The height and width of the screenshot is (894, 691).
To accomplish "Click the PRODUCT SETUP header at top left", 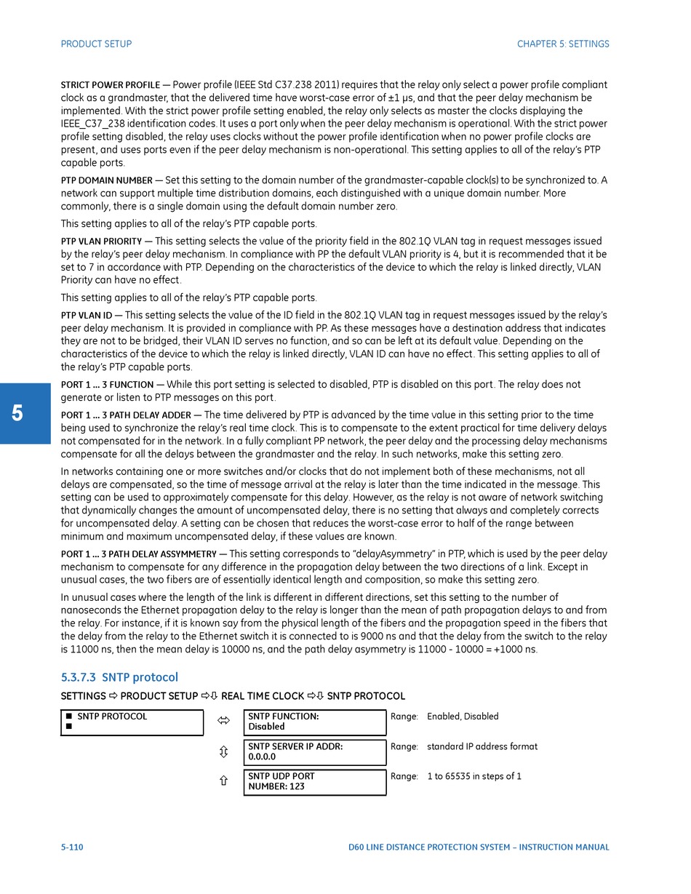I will pos(96,44).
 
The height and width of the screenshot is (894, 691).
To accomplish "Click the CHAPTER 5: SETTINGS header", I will pos(563,44).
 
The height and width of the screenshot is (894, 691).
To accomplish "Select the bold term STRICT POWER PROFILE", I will pos(110,85).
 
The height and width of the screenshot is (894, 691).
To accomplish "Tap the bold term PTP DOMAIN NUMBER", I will pos(106,180).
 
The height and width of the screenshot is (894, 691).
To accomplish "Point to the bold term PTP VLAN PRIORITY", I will pos(101,242).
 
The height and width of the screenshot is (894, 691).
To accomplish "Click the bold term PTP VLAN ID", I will pos(87,316).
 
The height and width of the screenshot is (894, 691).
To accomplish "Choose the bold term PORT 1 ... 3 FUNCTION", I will pos(107,385).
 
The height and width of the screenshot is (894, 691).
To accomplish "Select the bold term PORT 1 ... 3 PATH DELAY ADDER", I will pos(126,415).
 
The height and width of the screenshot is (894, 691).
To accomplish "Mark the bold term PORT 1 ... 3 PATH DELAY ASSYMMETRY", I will pos(138,554).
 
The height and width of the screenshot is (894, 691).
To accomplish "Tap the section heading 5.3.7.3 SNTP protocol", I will pos(119,677).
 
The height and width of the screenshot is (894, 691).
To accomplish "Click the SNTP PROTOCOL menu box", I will pos(132,722).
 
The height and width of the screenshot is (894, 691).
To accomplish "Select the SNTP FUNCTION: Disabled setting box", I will pos(314,722).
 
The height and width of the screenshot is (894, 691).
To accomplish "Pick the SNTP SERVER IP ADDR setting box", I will pos(314,752).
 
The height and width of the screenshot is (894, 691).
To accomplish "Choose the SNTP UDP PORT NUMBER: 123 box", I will pos(314,782).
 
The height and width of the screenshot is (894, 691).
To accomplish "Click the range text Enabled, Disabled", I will pos(463,717).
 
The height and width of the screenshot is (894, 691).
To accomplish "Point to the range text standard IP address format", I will pos(482,747).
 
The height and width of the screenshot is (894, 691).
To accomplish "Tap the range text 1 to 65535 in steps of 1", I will pos(474,777).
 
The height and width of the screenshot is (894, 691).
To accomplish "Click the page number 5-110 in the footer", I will pos(72,847).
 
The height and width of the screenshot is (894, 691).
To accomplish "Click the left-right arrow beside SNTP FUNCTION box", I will pos(223,721).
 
